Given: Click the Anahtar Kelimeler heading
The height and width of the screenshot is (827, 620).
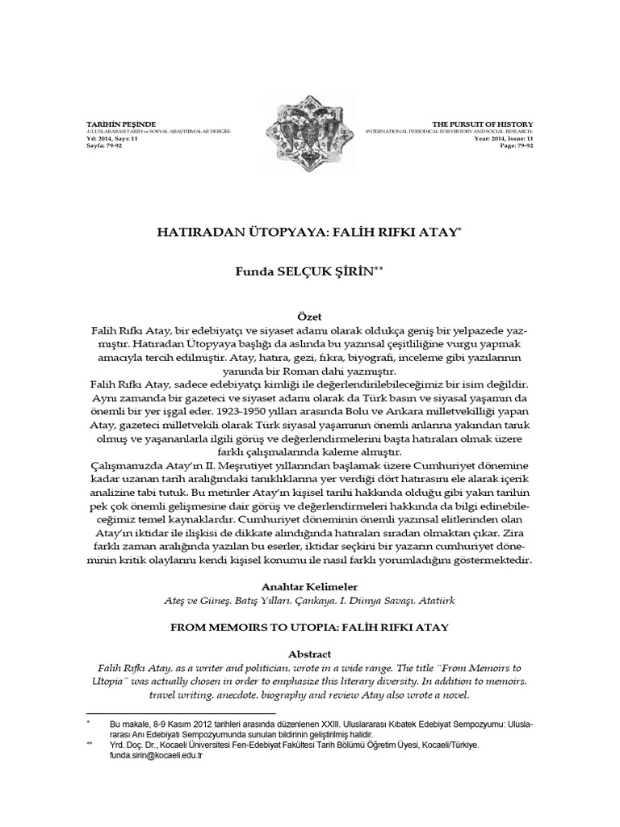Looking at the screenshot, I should tap(310, 586).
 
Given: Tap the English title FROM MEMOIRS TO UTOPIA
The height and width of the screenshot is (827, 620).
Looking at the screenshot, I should tap(310, 626).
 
